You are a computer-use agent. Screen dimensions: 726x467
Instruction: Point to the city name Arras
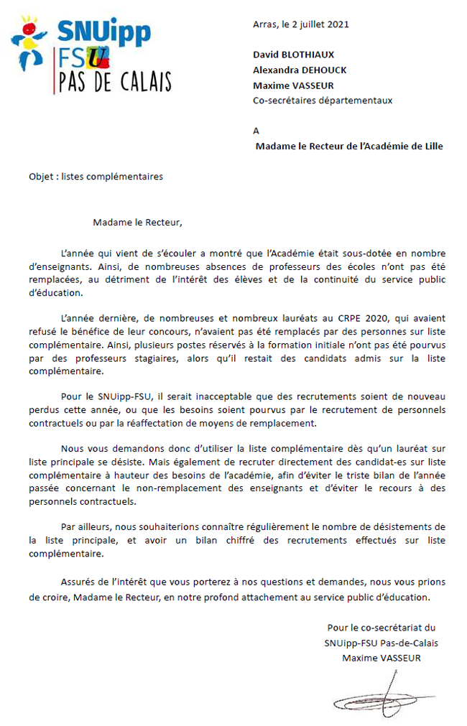pyautogui.click(x=264, y=24)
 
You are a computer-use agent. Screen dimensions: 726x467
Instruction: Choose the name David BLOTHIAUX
pyautogui.click(x=293, y=55)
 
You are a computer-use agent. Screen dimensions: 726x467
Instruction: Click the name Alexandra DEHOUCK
pyautogui.click(x=300, y=70)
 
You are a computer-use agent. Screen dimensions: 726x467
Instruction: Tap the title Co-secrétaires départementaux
pyautogui.click(x=323, y=101)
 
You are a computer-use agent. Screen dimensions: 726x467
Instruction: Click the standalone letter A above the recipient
pyautogui.click(x=256, y=131)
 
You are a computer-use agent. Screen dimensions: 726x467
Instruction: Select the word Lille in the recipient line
pyautogui.click(x=430, y=146)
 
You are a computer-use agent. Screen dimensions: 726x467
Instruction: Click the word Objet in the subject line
pyautogui.click(x=42, y=177)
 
